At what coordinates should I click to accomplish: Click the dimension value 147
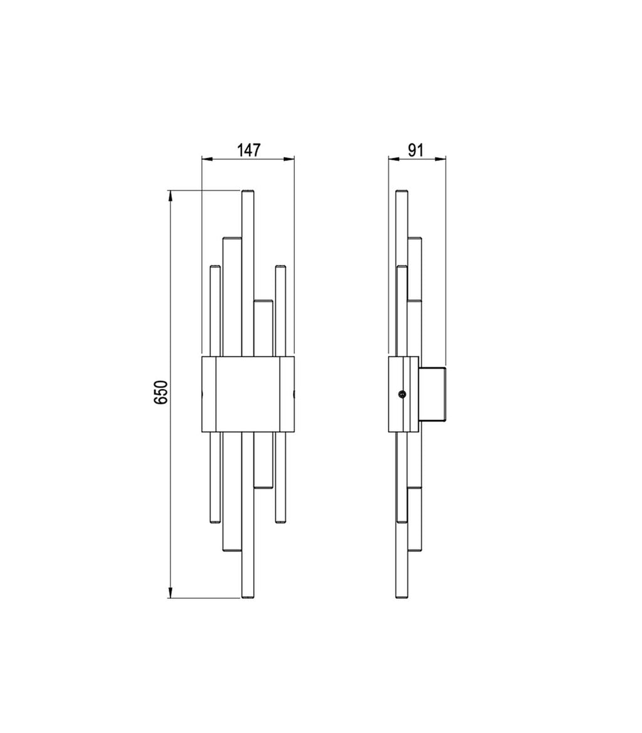click(x=248, y=150)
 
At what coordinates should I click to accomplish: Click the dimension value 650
click(x=160, y=392)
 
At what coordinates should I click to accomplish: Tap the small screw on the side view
click(x=401, y=395)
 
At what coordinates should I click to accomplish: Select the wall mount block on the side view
click(x=433, y=394)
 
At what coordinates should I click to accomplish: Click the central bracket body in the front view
click(x=248, y=394)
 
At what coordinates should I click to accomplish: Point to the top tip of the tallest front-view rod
click(x=248, y=190)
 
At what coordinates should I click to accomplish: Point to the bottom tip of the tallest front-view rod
click(x=248, y=598)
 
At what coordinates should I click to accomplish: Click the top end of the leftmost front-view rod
click(x=215, y=266)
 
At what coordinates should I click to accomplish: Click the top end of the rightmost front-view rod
click(x=280, y=266)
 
